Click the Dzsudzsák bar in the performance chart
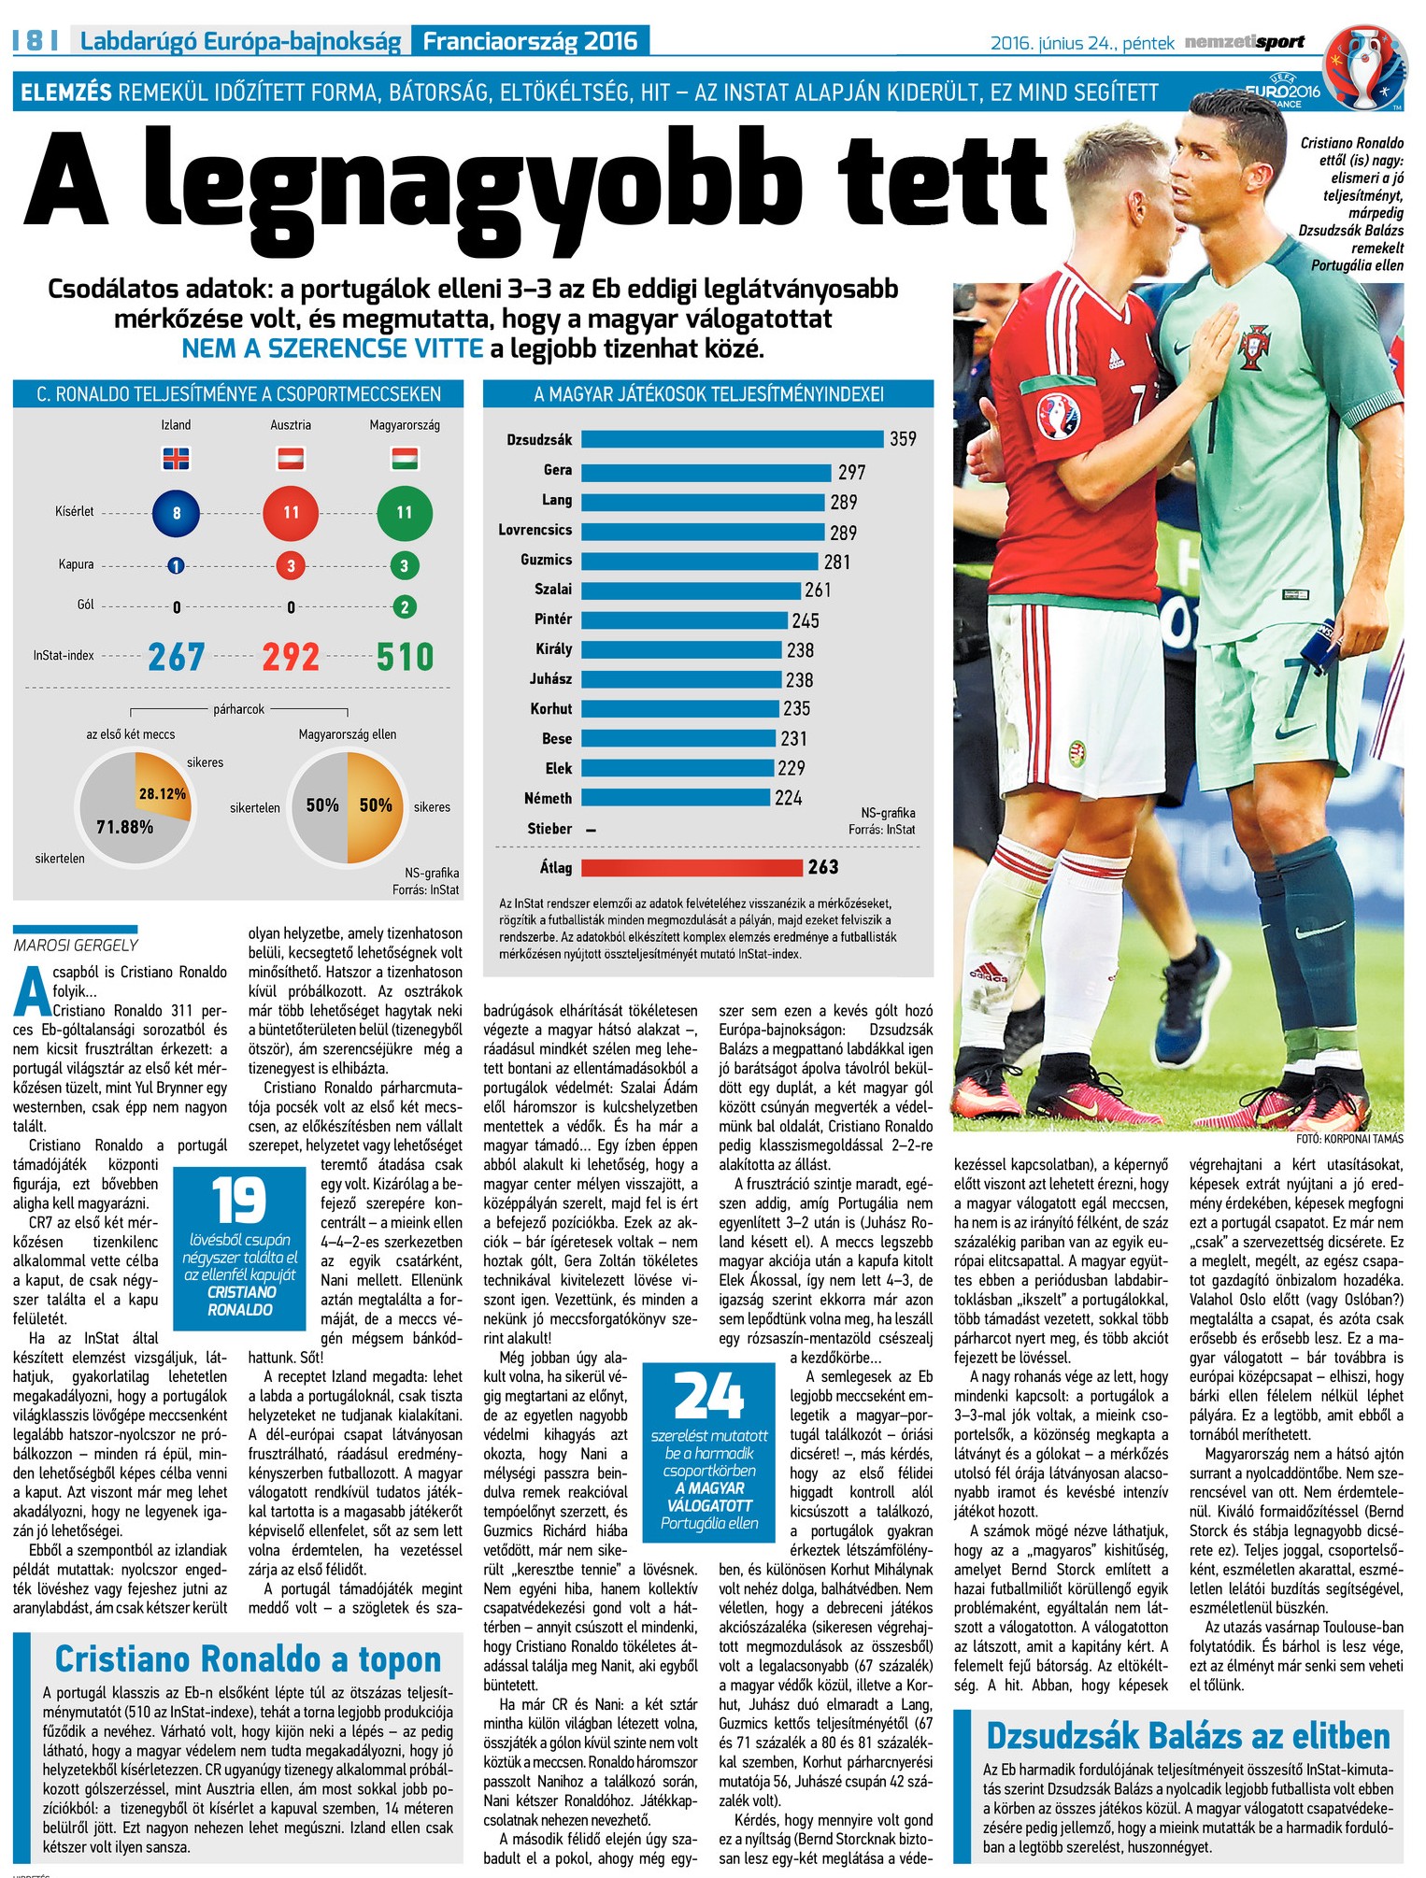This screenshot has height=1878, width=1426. pyautogui.click(x=732, y=439)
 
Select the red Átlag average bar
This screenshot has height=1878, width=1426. pyautogui.click(x=692, y=867)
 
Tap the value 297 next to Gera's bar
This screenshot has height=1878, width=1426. pyautogui.click(x=851, y=473)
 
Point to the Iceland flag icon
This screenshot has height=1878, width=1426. pyautogui.click(x=176, y=459)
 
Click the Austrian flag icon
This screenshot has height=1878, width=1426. pyautogui.click(x=291, y=459)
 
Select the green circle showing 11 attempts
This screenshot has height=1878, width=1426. pyautogui.click(x=405, y=512)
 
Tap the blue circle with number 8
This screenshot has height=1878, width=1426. pyautogui.click(x=176, y=512)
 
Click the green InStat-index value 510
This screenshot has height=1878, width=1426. pyautogui.click(x=405, y=657)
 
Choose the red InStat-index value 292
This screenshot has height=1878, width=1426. pyautogui.click(x=291, y=657)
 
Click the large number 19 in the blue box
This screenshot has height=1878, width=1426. pyautogui.click(x=239, y=1200)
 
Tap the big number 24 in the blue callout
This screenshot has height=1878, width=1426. pyautogui.click(x=709, y=1396)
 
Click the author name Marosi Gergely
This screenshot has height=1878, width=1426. pyautogui.click(x=76, y=946)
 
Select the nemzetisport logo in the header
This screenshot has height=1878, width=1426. pyautogui.click(x=1244, y=42)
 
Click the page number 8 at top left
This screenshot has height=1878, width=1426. pyautogui.click(x=36, y=40)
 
